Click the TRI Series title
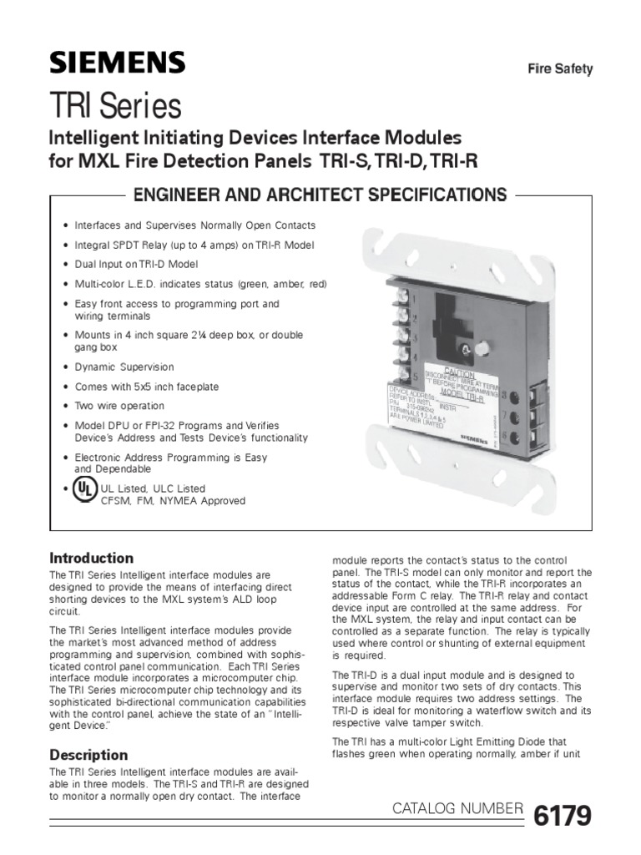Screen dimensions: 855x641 [115, 106]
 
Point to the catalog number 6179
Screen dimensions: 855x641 [563, 810]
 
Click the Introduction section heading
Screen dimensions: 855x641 [92, 558]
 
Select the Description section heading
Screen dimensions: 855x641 [88, 755]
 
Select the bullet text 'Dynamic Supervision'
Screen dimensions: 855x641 [124, 367]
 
